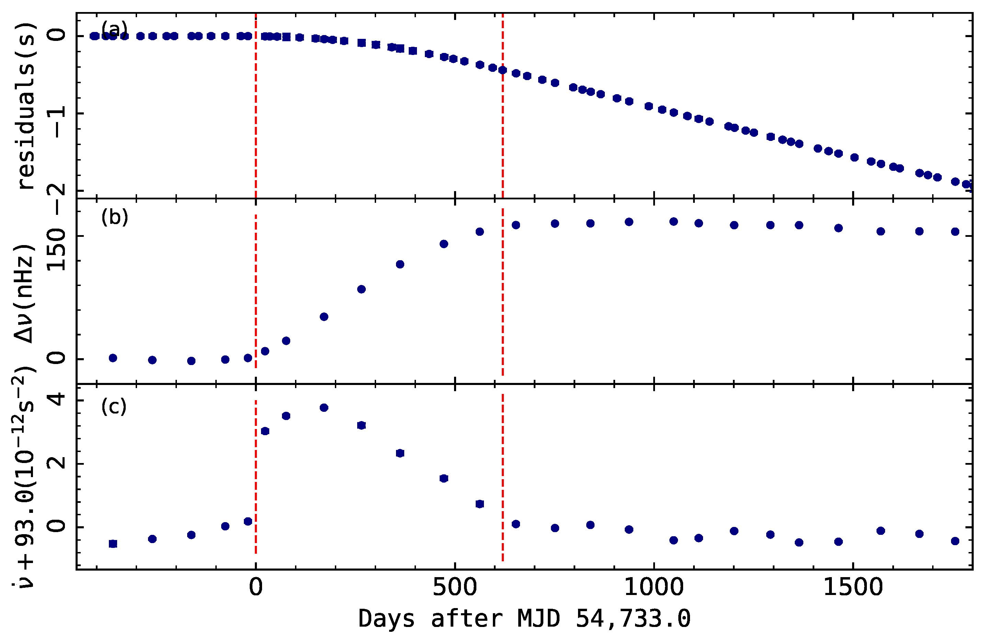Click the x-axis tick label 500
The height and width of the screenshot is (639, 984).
(x=454, y=588)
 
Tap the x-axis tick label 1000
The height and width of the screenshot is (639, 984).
(x=654, y=588)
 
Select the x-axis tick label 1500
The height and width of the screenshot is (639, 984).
(x=853, y=588)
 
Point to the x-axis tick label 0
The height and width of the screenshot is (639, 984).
(x=256, y=588)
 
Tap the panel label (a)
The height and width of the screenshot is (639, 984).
(x=114, y=29)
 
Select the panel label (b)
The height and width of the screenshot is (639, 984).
(x=114, y=217)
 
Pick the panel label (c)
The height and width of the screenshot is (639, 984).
(x=114, y=407)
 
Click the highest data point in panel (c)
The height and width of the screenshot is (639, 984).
(x=324, y=408)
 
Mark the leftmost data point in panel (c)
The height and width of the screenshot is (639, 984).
(x=113, y=544)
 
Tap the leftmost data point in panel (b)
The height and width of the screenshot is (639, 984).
(x=113, y=358)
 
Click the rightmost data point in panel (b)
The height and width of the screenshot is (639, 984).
(x=955, y=232)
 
